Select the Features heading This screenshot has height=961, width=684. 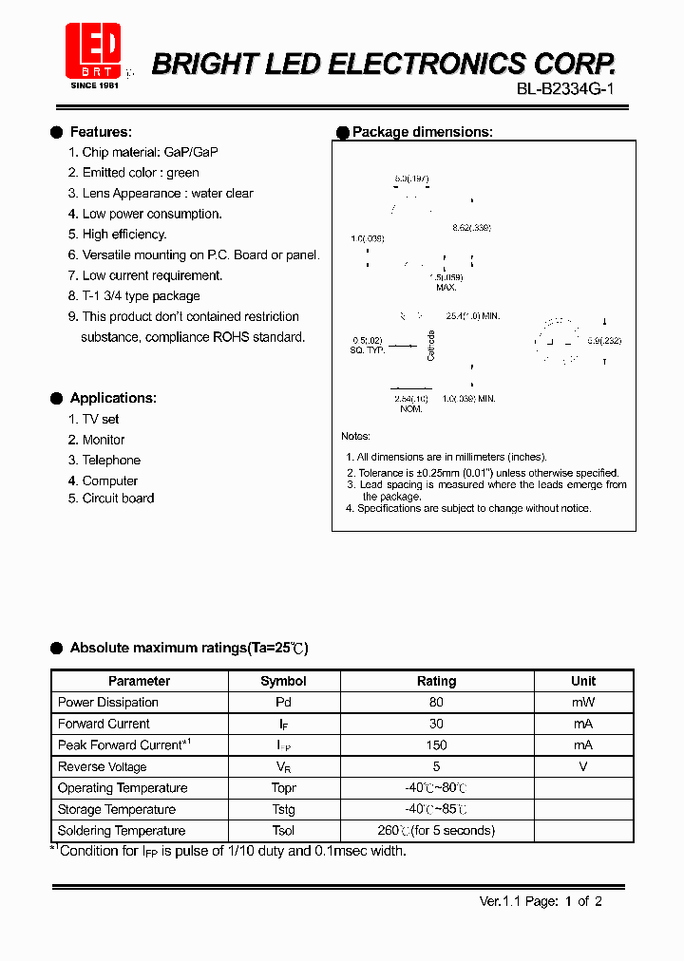click(101, 132)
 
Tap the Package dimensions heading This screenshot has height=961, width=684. click(422, 132)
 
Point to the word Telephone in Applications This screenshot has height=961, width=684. click(111, 460)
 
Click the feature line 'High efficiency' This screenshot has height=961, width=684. click(123, 234)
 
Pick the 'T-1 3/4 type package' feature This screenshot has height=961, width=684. click(141, 295)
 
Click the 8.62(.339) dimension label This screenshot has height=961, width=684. click(471, 228)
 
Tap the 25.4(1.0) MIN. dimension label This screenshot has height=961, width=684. click(472, 315)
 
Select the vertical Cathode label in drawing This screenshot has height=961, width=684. click(430, 345)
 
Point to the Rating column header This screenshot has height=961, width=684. click(436, 681)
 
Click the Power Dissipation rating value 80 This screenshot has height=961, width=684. click(436, 703)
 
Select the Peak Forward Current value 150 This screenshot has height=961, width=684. click(436, 745)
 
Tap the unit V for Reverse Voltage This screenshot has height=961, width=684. click(583, 766)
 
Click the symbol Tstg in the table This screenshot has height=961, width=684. click(283, 809)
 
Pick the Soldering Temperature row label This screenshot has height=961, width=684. click(122, 831)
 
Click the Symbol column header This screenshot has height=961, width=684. click(283, 681)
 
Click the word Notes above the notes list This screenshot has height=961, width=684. click(356, 436)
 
